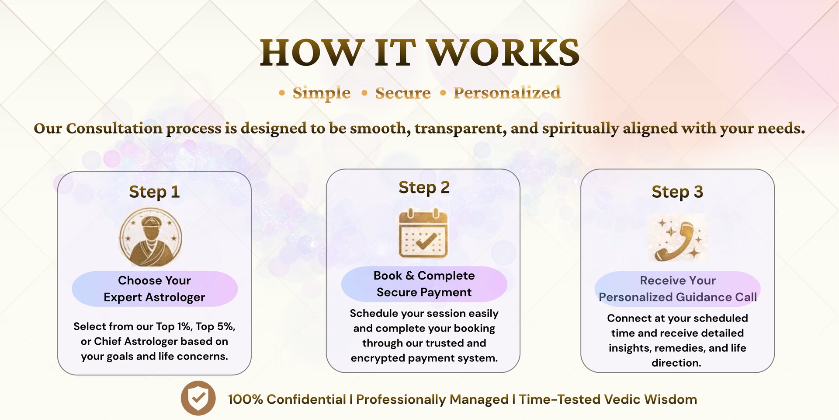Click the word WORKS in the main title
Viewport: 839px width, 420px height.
(503, 52)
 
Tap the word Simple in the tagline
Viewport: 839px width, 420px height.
(322, 93)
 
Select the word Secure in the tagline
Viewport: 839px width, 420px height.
(403, 93)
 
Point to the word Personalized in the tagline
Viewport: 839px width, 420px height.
(507, 93)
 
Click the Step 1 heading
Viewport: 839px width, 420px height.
(154, 192)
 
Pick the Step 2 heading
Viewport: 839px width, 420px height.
(424, 187)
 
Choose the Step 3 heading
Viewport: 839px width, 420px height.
(677, 192)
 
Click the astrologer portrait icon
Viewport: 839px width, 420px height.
(150, 237)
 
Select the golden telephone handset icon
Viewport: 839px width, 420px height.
(677, 238)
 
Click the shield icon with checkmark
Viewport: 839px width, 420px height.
(198, 398)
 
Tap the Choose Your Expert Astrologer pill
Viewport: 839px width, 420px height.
(154, 289)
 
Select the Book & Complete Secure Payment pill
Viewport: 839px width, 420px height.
(424, 284)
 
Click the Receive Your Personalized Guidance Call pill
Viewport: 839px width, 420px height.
(677, 289)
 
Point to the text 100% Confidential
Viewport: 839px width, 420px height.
(287, 399)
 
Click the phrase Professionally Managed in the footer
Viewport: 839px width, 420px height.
(432, 399)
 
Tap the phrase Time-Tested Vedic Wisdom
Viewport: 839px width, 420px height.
(608, 399)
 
